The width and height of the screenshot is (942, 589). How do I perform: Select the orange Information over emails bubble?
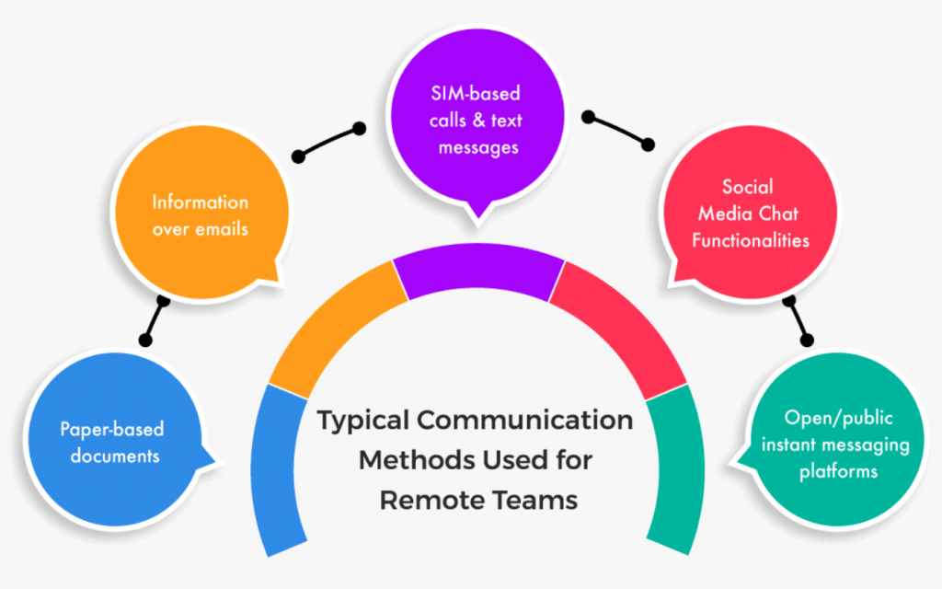click(x=200, y=214)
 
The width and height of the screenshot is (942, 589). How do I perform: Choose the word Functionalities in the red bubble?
click(x=751, y=240)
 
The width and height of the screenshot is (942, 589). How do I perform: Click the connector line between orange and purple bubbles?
click(x=327, y=142)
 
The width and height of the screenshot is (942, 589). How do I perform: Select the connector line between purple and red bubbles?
click(x=617, y=131)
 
